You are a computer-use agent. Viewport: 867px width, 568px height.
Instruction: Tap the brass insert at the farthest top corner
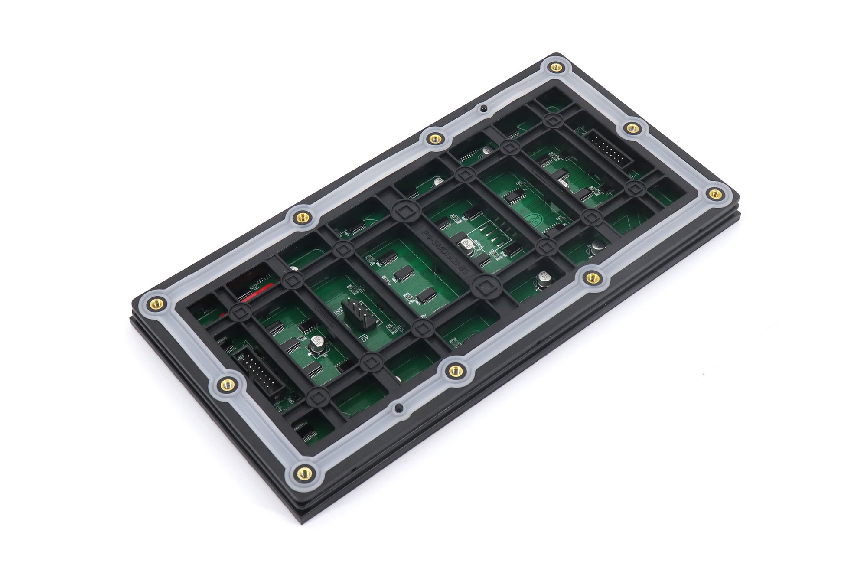pyautogui.click(x=556, y=67)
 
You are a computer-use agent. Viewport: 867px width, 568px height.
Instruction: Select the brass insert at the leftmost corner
pyautogui.click(x=155, y=304)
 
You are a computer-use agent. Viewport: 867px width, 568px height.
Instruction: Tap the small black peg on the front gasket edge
pyautogui.click(x=398, y=408)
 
